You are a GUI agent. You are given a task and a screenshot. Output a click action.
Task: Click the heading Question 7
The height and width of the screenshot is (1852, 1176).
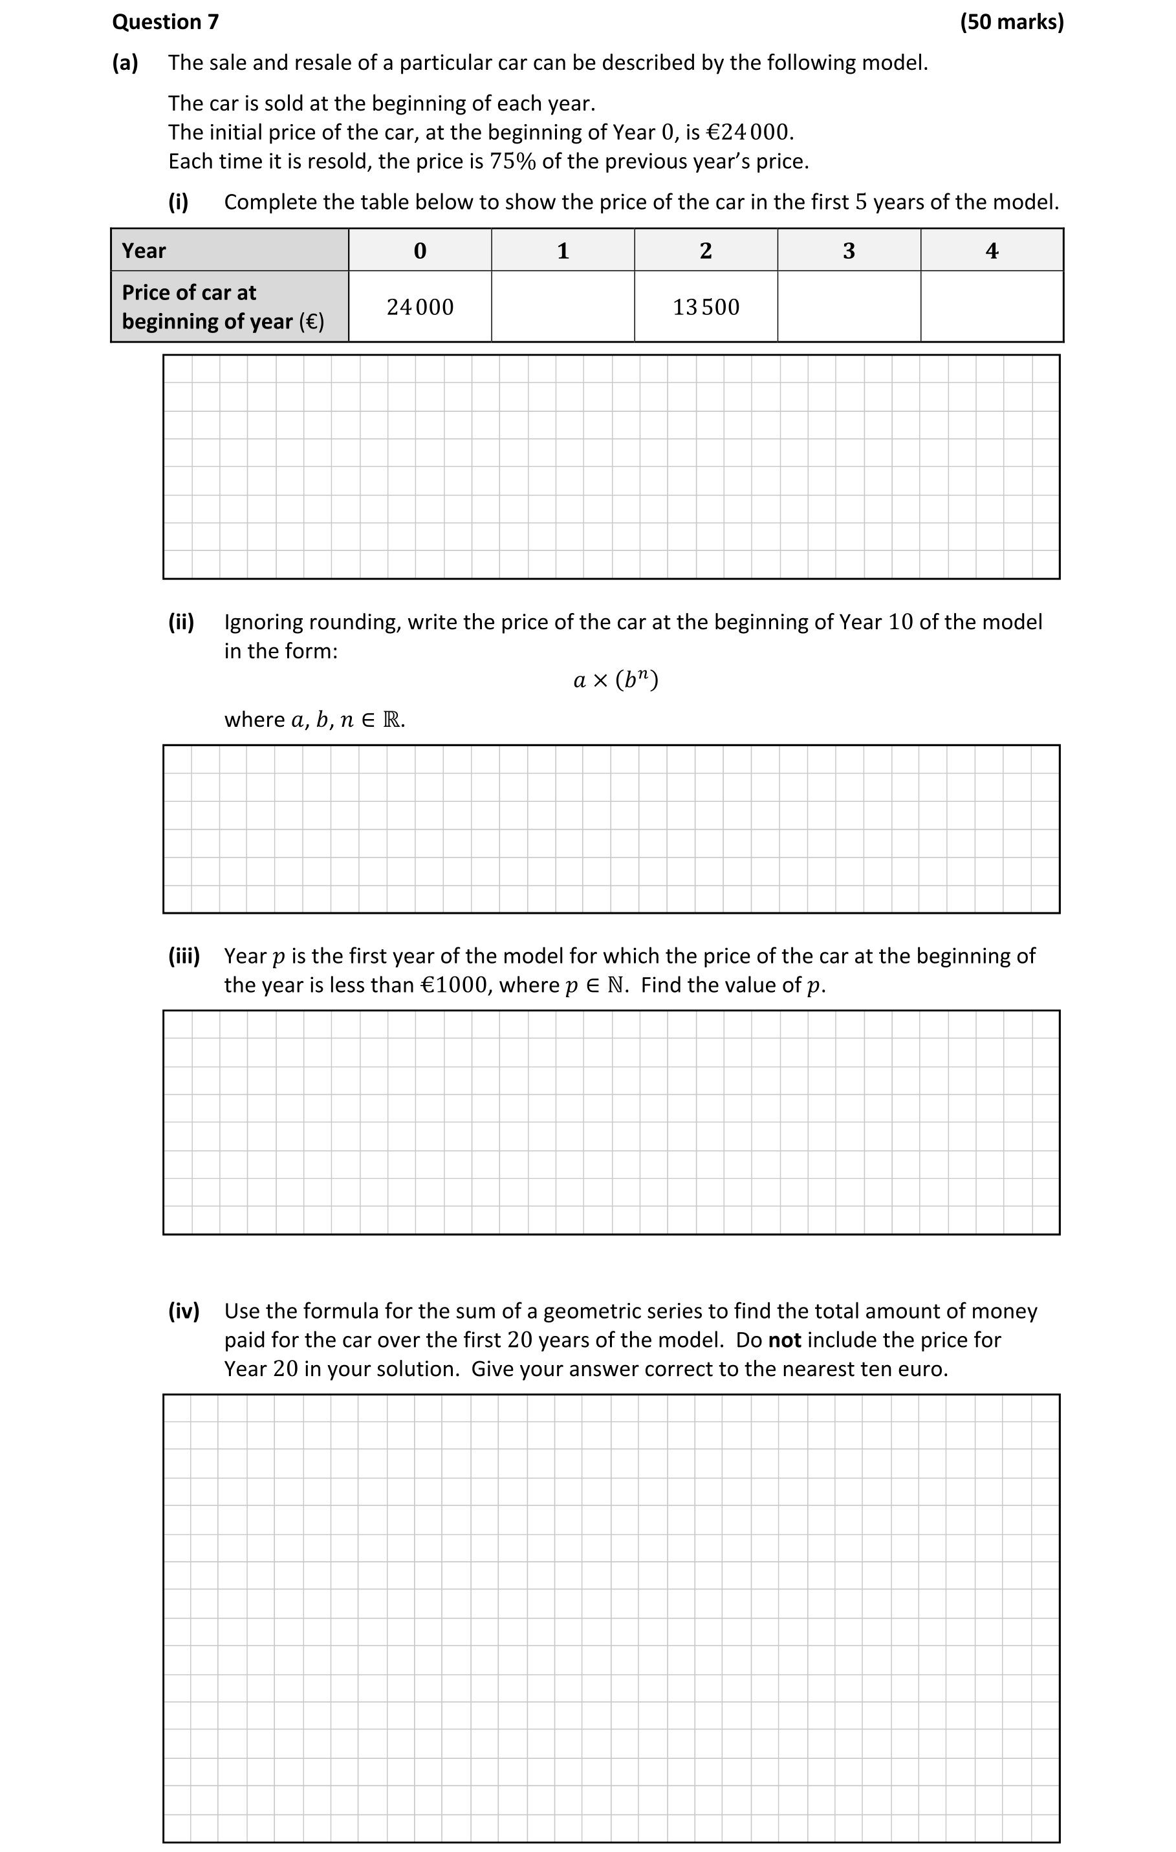pos(166,21)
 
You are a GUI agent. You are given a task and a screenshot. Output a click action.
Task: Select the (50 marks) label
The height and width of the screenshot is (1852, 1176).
pos(1012,21)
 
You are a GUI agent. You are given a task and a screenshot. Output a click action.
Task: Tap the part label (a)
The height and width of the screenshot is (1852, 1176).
pos(125,62)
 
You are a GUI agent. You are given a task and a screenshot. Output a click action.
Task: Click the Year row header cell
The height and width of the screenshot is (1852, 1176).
pos(229,250)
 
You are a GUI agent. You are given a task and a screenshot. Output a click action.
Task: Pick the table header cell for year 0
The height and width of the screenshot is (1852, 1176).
pos(420,251)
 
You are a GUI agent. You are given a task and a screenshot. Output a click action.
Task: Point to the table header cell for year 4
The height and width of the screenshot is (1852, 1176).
pos(992,251)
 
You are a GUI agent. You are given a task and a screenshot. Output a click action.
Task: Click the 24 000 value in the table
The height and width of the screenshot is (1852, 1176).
pos(420,307)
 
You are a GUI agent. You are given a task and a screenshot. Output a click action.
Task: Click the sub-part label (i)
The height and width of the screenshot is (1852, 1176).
pos(179,202)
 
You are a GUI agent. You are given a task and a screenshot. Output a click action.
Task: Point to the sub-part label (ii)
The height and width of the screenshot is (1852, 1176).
pos(182,621)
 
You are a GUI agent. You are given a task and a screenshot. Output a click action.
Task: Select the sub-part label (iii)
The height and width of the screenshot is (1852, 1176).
pos(184,955)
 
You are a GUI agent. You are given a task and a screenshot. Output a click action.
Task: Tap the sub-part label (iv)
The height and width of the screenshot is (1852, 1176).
pos(184,1311)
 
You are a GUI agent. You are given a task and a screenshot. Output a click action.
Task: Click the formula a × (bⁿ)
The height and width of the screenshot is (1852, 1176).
pos(616,680)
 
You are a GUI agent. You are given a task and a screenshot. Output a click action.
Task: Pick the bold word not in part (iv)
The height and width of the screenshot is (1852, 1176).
pos(785,1340)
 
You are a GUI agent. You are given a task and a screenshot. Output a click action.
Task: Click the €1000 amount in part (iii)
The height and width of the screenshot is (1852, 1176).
pos(455,985)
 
